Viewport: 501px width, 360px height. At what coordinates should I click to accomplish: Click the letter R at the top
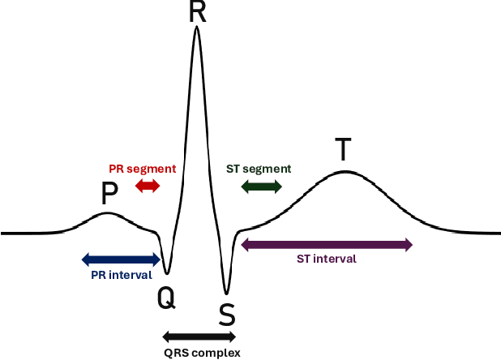point(197,11)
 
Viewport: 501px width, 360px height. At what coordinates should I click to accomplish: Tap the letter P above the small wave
point(109,194)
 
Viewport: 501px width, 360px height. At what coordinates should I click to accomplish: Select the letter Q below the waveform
point(165,299)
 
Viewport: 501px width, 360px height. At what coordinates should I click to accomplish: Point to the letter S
point(227,313)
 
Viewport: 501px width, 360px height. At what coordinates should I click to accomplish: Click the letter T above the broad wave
point(344,150)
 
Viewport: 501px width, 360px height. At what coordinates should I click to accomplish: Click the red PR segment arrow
point(148,186)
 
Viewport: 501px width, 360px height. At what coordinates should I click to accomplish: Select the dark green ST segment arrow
point(262,186)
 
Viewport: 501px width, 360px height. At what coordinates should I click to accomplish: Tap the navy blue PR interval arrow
point(121,259)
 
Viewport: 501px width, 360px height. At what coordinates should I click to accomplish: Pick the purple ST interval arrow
point(327,245)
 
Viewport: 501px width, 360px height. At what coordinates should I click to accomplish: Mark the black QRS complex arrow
point(199,336)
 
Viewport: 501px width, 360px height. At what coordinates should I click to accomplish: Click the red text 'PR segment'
point(143,169)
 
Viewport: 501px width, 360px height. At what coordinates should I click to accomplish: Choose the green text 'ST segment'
point(259,169)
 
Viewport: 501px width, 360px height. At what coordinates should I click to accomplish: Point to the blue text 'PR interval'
point(121,275)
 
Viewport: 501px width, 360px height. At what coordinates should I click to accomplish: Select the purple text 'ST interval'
point(327,259)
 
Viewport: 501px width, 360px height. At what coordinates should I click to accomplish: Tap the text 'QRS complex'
point(199,353)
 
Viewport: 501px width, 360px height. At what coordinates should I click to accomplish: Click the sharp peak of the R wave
point(196,29)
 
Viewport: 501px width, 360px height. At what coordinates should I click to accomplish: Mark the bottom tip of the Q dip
point(167,273)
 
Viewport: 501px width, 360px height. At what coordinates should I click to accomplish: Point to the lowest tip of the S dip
point(226,293)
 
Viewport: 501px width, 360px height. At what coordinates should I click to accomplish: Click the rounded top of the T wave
point(345,171)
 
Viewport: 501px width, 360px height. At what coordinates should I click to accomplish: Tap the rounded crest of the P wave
point(107,213)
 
